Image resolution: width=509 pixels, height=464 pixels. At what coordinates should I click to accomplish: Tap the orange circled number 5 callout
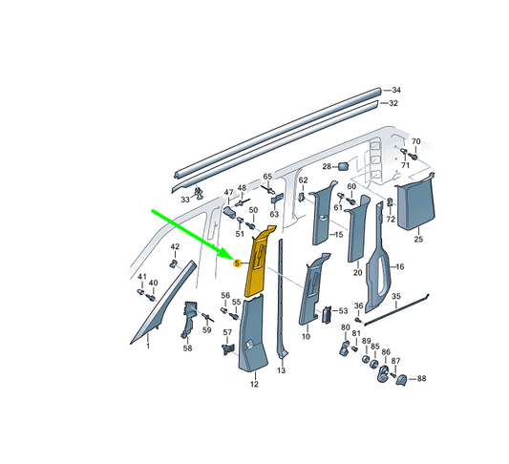pos(237,264)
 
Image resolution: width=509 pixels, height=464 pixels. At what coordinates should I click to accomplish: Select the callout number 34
pos(396,90)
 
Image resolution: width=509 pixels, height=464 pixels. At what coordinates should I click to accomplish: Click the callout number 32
pos(393,103)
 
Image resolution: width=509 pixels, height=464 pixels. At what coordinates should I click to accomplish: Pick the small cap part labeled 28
pos(344,166)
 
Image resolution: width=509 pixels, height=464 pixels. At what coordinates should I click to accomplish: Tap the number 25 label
pos(418,239)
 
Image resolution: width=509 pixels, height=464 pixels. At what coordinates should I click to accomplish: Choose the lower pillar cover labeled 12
pos(252,334)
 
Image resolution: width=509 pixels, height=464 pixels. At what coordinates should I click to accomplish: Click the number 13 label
pos(281,370)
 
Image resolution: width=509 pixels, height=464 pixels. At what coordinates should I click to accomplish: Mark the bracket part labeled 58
pos(188,320)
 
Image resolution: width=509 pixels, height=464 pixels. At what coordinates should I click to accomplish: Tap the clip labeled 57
pos(228,349)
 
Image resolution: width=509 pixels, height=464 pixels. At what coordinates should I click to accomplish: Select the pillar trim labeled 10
pos(312,288)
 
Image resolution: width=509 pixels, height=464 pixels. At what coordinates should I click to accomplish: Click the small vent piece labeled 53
pos(327,314)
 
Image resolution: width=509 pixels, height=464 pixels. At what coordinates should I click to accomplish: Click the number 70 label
pos(415,141)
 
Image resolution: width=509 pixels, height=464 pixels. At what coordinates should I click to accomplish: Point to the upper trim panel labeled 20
pos(357,229)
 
